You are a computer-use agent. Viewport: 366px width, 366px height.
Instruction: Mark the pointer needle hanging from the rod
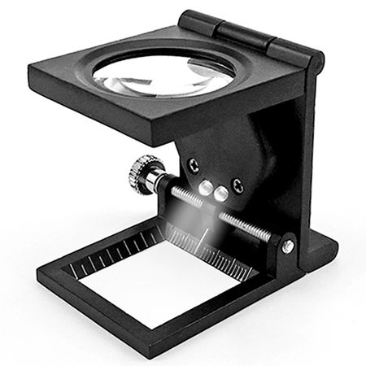click(200, 236)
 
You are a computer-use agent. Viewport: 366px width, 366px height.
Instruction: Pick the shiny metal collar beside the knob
click(156, 181)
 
